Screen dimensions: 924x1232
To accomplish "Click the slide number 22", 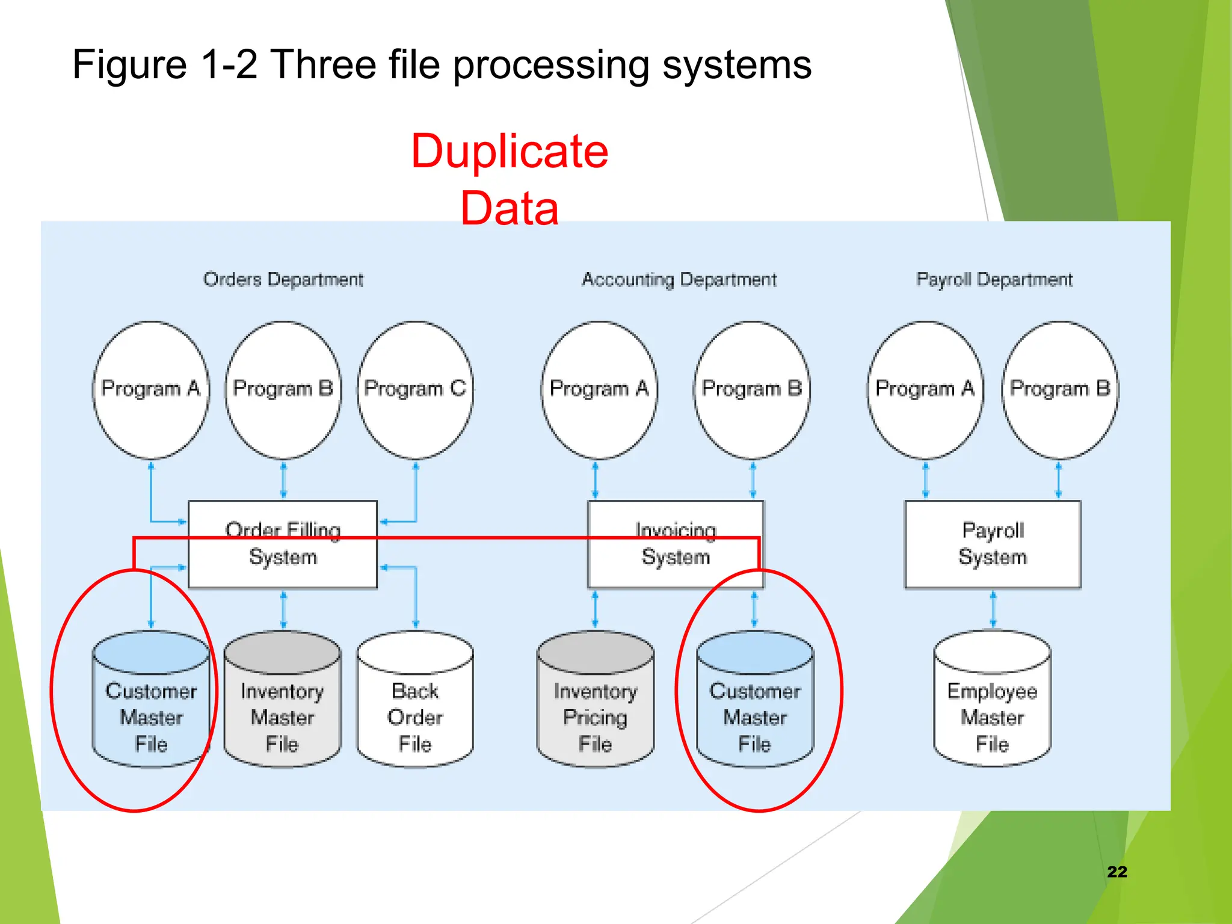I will click(x=1116, y=872).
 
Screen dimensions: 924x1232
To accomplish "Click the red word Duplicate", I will click(x=510, y=151).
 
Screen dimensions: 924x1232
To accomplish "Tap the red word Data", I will click(x=510, y=208).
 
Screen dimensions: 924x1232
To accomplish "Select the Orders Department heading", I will click(x=283, y=280).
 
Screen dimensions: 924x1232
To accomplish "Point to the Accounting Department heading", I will click(x=679, y=280).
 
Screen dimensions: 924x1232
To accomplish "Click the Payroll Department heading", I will click(x=994, y=280).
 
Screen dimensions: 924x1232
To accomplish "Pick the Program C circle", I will click(x=415, y=389).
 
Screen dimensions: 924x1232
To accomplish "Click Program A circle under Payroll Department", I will click(x=925, y=389).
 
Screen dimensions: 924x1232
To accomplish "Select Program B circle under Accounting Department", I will click(x=752, y=389).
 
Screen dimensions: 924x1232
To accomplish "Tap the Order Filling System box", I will click(x=283, y=544).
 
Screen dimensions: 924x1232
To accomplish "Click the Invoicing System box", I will click(x=676, y=544).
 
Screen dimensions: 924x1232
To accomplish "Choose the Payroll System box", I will click(x=993, y=544).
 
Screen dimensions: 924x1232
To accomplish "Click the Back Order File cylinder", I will click(x=415, y=704).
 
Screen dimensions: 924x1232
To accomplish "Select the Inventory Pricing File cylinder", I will click(x=595, y=704).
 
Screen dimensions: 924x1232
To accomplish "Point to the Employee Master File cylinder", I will click(x=992, y=704).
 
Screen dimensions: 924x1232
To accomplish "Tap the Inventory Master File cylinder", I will click(x=282, y=704).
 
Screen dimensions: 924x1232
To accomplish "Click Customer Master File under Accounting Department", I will click(x=755, y=704).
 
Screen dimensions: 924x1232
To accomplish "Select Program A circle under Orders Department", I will click(x=150, y=389).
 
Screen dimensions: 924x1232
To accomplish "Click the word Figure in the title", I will click(x=129, y=65).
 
